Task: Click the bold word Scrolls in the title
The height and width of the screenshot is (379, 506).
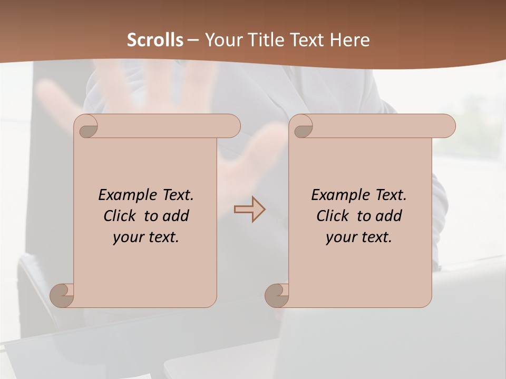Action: (x=155, y=40)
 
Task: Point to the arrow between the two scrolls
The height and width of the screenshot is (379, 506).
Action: (x=249, y=209)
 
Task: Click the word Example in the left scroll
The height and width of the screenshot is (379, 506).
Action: (x=121, y=195)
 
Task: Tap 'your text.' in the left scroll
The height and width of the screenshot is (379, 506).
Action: (x=146, y=237)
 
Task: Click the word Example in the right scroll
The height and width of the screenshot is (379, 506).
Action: (x=334, y=195)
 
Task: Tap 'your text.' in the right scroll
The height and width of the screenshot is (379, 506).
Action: (x=359, y=237)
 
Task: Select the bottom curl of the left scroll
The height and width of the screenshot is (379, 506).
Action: (x=62, y=295)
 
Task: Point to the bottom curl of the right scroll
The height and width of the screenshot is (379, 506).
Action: (x=277, y=295)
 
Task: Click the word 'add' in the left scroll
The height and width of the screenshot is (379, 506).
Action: (x=176, y=216)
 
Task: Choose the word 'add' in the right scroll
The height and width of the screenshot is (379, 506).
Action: (x=389, y=216)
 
